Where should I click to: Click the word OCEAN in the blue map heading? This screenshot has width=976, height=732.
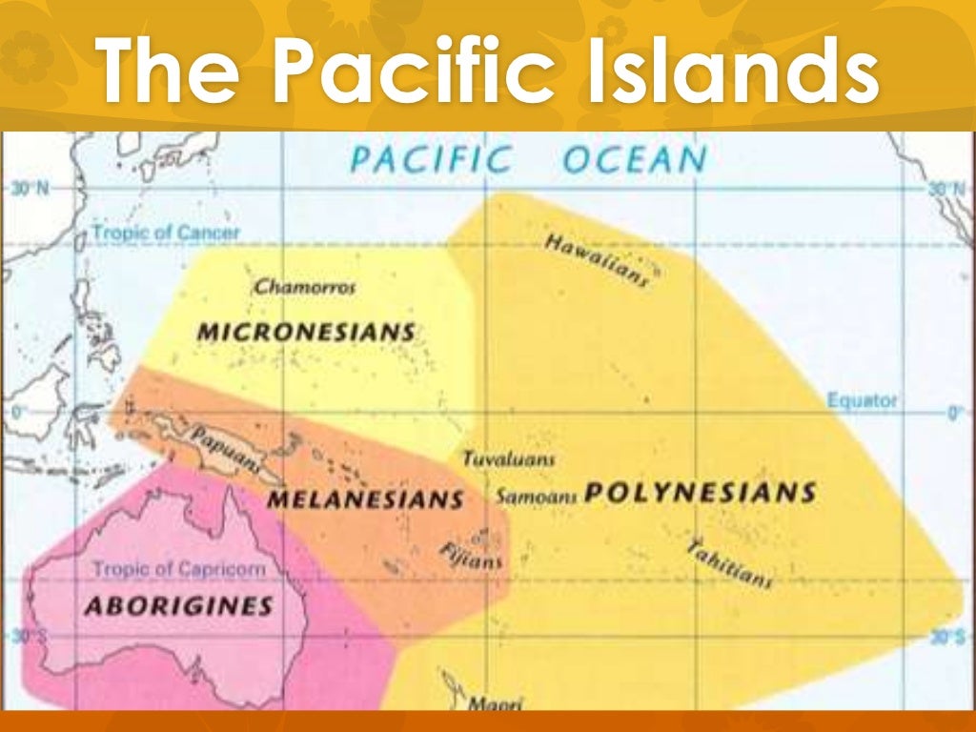pyautogui.click(x=634, y=159)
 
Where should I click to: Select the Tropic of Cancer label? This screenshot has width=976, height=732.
pyautogui.click(x=166, y=232)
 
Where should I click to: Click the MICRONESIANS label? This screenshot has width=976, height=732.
pyautogui.click(x=306, y=333)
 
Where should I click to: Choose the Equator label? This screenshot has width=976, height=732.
pyautogui.click(x=862, y=400)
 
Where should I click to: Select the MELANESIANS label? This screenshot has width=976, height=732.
pyautogui.click(x=365, y=498)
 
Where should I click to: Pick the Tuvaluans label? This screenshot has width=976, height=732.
pyautogui.click(x=508, y=459)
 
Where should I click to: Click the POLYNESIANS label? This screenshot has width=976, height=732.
pyautogui.click(x=701, y=493)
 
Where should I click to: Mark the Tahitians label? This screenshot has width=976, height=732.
pyautogui.click(x=729, y=562)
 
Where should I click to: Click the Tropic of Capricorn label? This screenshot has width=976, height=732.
pyautogui.click(x=178, y=569)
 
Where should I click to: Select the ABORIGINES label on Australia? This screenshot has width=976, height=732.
pyautogui.click(x=178, y=605)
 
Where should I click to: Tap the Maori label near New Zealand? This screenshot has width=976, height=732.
pyautogui.click(x=495, y=703)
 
